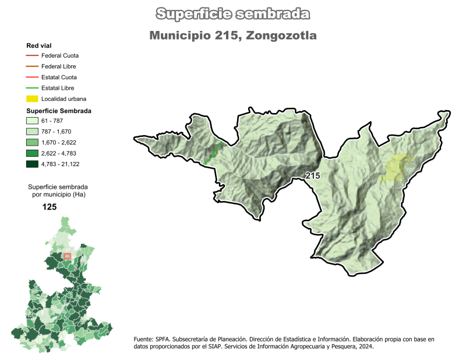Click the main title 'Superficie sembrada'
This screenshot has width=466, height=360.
pos(233,13)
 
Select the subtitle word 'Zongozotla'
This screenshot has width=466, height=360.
pos(281,36)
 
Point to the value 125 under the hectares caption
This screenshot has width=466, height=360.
pos(50,207)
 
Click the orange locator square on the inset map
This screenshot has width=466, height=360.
pos(67,256)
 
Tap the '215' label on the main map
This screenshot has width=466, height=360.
pos(312,175)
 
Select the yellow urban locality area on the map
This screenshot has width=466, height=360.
pos(396,167)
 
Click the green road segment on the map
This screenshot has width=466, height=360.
pos(213,151)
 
